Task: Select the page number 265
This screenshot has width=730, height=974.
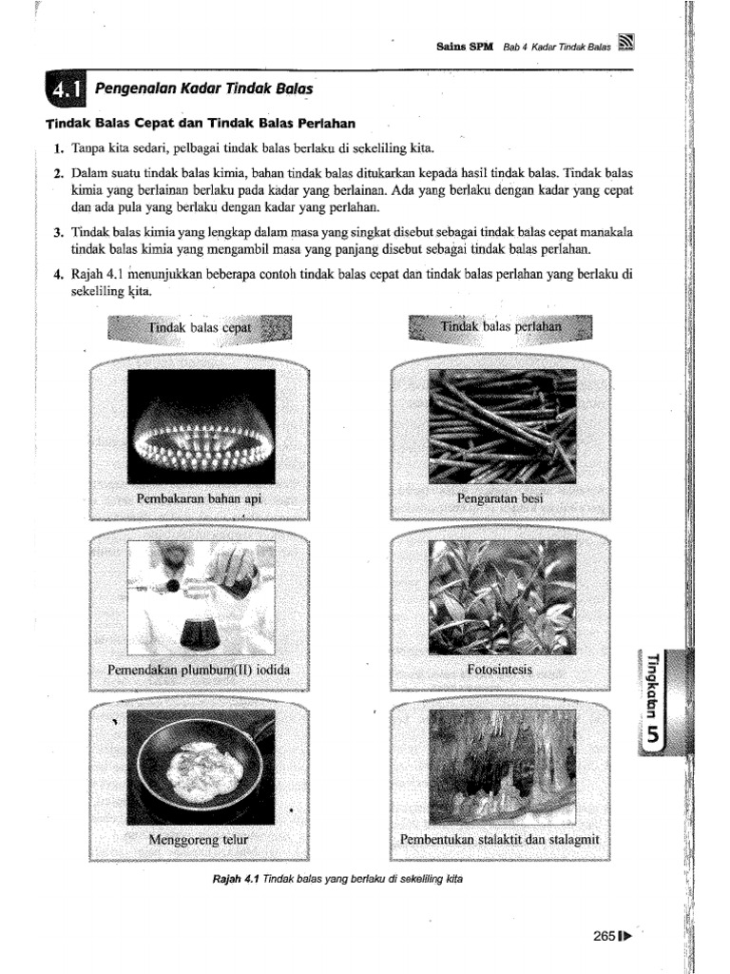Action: tap(605, 935)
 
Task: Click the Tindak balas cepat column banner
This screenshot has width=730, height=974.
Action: tap(202, 329)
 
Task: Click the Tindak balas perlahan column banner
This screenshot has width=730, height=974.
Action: tap(500, 329)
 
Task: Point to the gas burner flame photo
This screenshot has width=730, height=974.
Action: tap(202, 426)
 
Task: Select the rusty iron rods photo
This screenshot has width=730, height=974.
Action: tap(502, 426)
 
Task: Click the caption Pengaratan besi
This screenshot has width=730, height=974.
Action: tap(500, 498)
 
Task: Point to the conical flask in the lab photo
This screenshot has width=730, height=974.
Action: tap(200, 630)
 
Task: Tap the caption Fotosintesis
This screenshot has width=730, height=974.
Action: tap(500, 671)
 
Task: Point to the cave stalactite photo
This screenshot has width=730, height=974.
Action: tap(502, 768)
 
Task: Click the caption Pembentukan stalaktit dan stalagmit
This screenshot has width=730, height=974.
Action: tap(500, 841)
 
